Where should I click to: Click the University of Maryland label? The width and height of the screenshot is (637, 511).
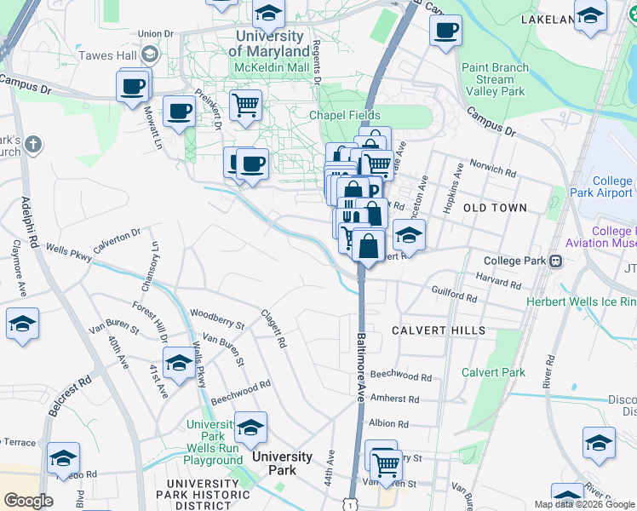point(270,43)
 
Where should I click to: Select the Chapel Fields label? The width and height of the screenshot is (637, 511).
point(344,116)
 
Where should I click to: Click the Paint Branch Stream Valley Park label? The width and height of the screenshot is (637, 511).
point(495,79)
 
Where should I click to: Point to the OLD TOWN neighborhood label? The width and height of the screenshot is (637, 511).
point(495,208)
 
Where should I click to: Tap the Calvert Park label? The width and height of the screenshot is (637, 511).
point(493,372)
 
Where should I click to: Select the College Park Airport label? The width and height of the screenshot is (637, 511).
point(612,187)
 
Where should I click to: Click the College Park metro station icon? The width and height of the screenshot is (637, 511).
point(555,261)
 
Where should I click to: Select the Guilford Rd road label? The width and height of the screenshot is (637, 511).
point(455,293)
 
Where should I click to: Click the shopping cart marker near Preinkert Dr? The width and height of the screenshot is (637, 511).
point(245,106)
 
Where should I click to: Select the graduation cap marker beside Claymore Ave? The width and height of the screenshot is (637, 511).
point(22,324)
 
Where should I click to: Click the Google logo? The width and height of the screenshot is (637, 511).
point(28,501)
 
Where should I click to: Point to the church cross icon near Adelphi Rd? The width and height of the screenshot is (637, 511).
point(33,145)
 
